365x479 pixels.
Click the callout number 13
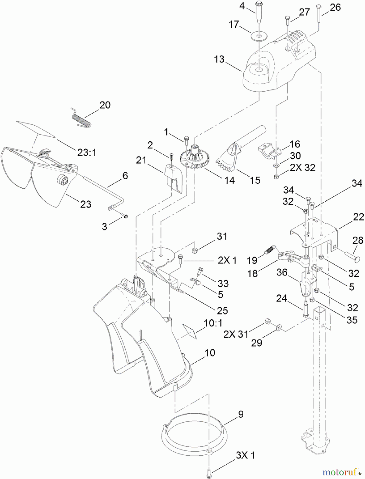pyautogui.click(x=219, y=59)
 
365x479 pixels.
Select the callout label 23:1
pyautogui.click(x=87, y=152)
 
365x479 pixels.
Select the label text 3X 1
pyautogui.click(x=245, y=455)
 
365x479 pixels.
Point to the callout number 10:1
pyautogui.click(x=213, y=323)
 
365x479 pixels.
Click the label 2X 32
pyautogui.click(x=302, y=168)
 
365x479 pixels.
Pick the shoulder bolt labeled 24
pyautogui.click(x=305, y=309)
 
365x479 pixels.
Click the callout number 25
pyautogui.click(x=222, y=311)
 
